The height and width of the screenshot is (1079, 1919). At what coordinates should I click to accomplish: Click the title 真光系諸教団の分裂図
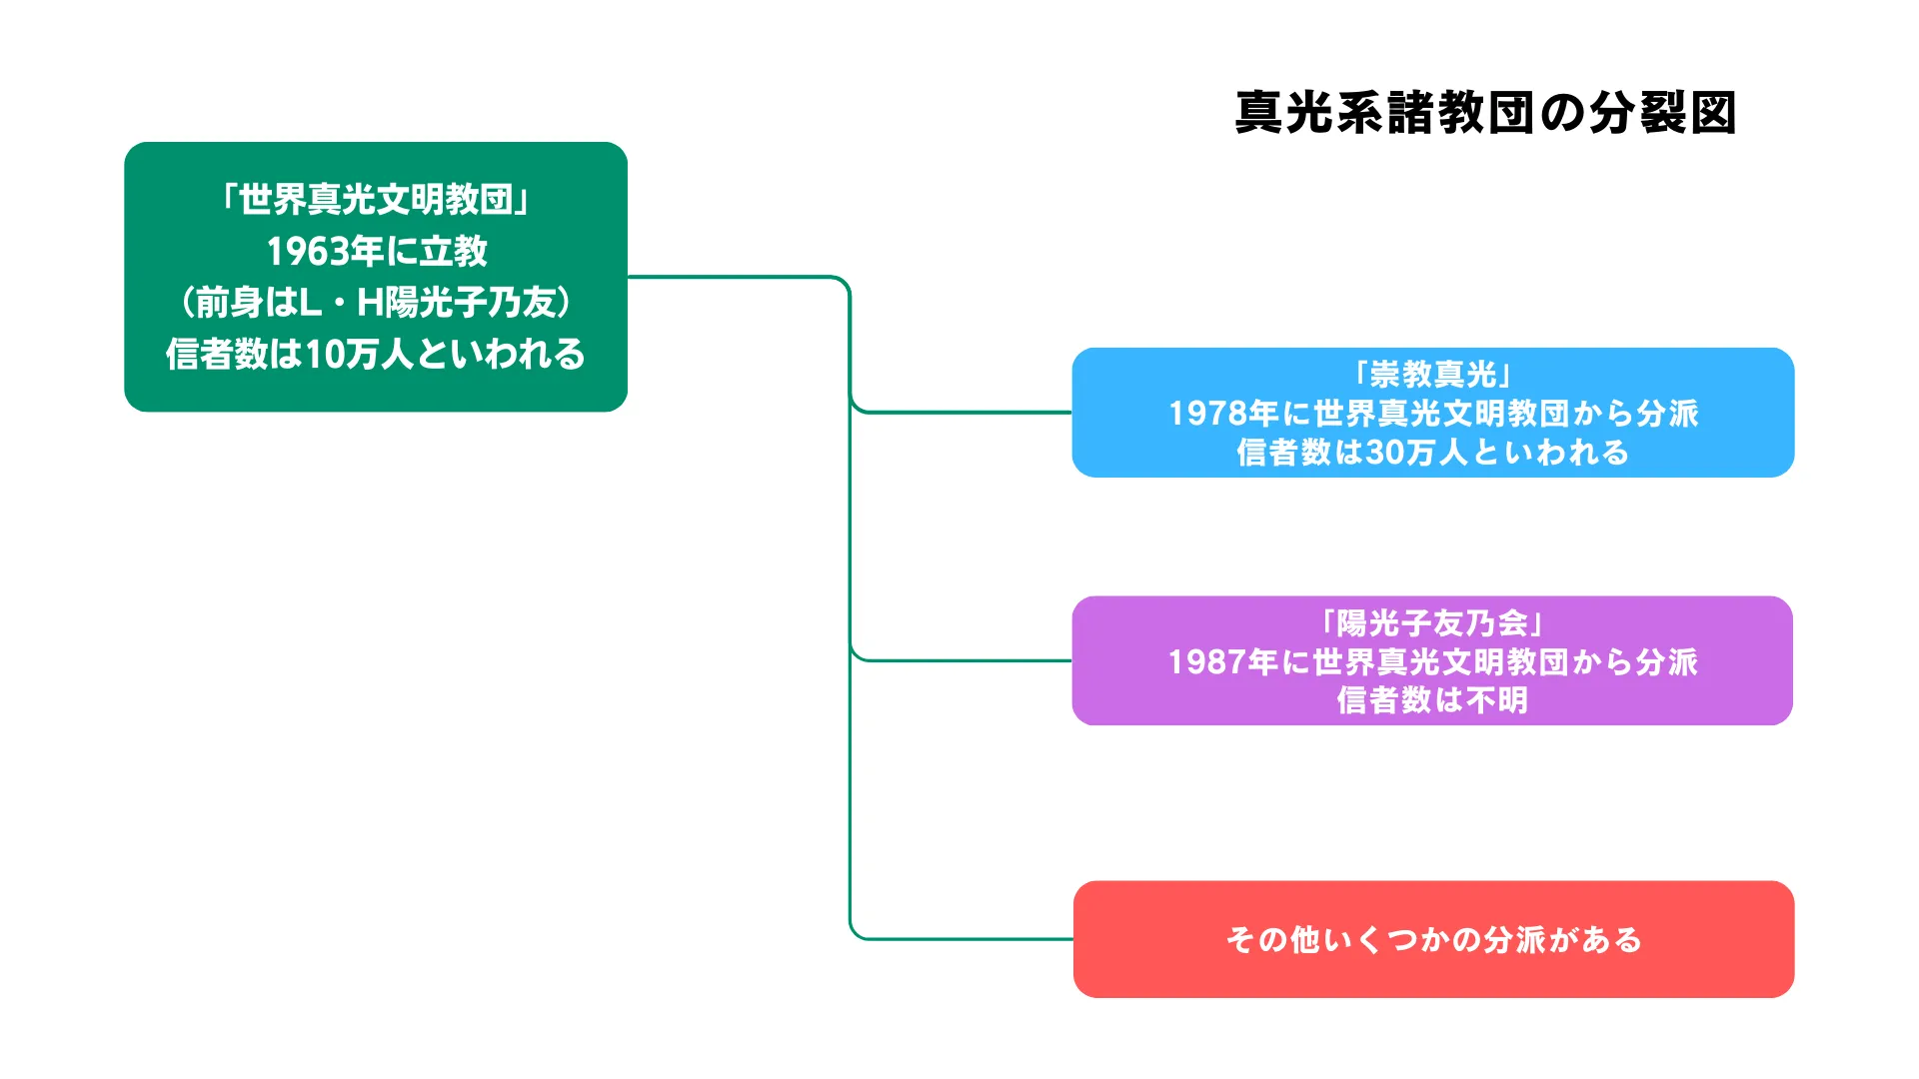(x=1485, y=113)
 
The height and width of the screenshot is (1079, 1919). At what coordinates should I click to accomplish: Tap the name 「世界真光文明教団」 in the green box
(x=376, y=200)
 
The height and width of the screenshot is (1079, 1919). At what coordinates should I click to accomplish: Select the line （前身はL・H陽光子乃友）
(x=376, y=303)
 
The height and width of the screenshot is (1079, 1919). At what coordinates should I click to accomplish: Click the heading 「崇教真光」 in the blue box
(x=1433, y=375)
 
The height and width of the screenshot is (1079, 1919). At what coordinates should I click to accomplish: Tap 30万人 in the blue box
(x=1417, y=453)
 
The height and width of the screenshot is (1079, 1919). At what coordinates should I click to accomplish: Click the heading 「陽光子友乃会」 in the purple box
(x=1433, y=623)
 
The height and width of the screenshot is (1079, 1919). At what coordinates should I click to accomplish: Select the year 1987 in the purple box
(x=1207, y=662)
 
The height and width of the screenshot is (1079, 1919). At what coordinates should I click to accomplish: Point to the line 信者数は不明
(x=1433, y=700)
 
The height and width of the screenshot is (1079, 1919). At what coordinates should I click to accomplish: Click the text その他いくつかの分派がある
(x=1434, y=940)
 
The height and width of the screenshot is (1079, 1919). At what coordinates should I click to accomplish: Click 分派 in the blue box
(x=1667, y=414)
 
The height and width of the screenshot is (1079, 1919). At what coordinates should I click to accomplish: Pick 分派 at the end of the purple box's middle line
(x=1666, y=662)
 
